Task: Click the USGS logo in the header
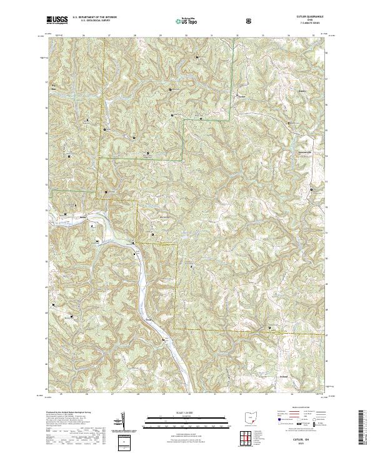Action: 57,20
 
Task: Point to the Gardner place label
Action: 241,97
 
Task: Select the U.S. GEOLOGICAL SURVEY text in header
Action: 88,21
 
